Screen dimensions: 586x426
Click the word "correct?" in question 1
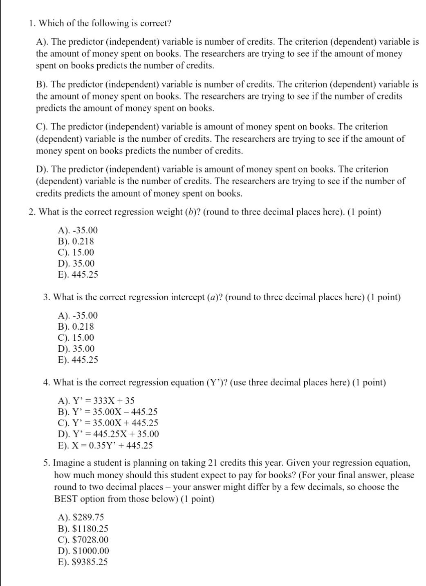155,23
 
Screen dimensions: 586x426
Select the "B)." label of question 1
42,84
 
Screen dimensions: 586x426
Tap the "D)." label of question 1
43,169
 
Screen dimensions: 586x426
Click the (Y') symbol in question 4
212,382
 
